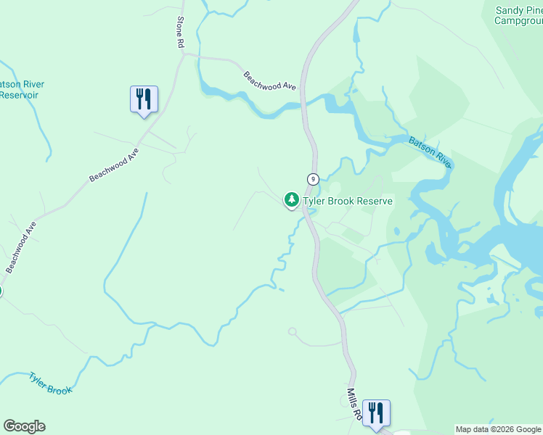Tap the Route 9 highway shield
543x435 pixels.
[x=313, y=179]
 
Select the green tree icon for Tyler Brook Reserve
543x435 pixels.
[x=292, y=199]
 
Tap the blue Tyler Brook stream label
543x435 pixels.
[x=51, y=384]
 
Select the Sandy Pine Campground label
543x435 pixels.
[x=518, y=15]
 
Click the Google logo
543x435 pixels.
[x=24, y=426]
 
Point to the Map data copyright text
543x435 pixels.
[x=499, y=429]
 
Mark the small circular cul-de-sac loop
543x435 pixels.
[x=293, y=331]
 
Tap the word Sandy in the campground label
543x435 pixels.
[x=509, y=10]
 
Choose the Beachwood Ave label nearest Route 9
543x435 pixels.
[x=270, y=80]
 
